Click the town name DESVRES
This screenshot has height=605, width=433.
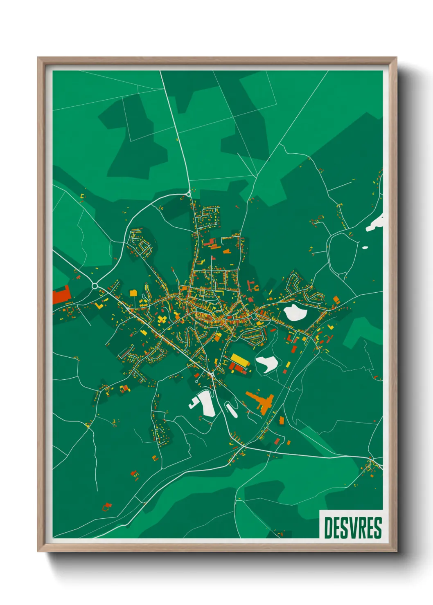[352, 528]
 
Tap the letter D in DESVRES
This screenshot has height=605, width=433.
[328, 528]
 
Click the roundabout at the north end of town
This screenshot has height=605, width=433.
[189, 193]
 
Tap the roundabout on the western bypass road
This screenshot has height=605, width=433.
[95, 286]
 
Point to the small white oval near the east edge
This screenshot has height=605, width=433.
[365, 247]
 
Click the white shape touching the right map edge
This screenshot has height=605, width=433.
[377, 224]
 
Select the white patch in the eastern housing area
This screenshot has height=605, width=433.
[295, 313]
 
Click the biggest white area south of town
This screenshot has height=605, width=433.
[207, 403]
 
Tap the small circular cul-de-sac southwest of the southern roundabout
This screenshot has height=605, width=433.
[197, 381]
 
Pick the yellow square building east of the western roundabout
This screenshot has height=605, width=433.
[133, 293]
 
